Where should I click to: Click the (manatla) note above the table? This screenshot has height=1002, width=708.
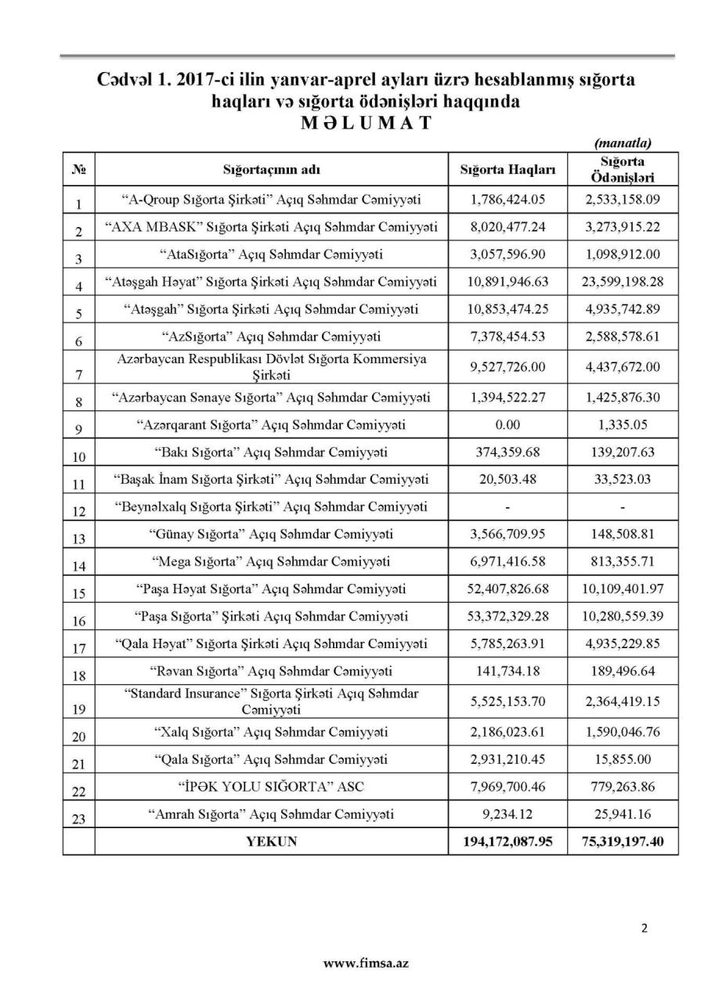623,143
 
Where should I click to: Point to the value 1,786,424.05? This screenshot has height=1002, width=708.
508,200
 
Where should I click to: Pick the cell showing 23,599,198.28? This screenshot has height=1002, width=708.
623,281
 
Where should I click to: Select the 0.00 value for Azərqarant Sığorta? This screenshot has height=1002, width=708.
508,425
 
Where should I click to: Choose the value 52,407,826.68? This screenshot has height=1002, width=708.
508,589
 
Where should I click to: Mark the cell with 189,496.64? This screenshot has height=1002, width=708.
623,671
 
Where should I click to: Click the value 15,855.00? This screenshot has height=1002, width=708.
623,759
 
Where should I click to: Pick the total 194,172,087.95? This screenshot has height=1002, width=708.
508,842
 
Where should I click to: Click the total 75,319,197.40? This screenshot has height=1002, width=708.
623,842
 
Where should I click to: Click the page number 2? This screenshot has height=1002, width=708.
644,929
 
